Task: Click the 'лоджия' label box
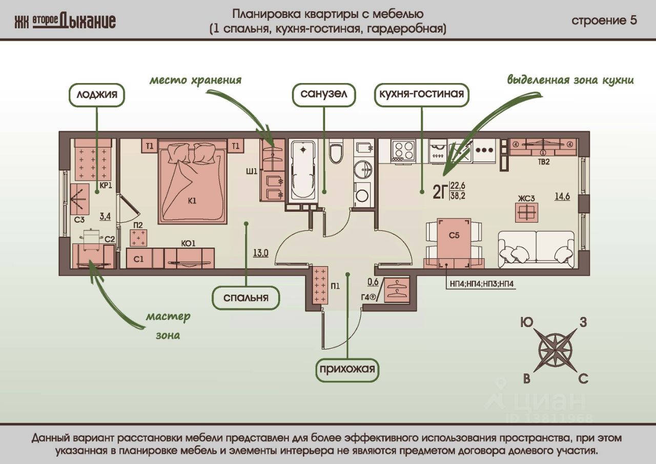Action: tap(97, 95)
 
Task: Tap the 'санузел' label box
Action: tap(324, 95)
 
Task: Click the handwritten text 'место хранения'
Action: tap(195, 80)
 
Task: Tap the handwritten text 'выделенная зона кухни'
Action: tap(570, 80)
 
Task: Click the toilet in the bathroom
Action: tap(336, 153)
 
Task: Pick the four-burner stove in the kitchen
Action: tap(403, 150)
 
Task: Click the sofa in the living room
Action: tap(536, 249)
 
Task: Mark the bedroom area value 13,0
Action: tap(260, 252)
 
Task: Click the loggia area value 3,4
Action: tap(105, 217)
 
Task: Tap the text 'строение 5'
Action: tap(604, 21)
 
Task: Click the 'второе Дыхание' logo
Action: tap(65, 21)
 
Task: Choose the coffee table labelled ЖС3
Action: tap(527, 211)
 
